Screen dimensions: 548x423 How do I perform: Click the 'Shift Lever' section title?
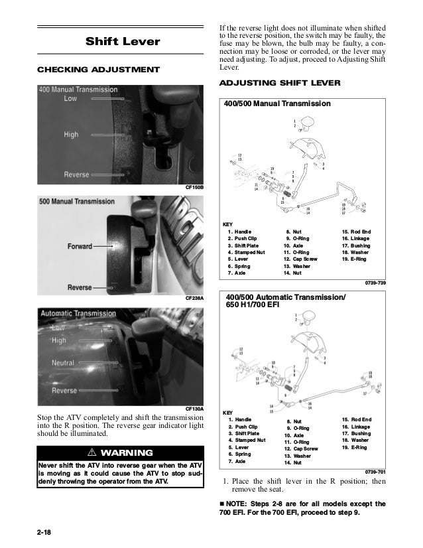123,42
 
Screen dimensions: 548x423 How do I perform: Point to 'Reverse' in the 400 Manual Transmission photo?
76,174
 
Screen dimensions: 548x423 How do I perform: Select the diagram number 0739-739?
375,283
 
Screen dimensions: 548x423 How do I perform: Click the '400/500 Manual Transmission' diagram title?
278,104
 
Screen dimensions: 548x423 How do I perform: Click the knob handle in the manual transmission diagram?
306,122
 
